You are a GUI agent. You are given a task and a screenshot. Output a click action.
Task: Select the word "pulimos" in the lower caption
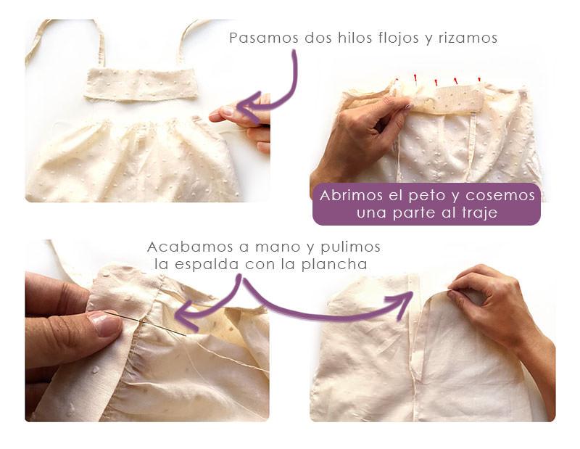(x=355, y=247)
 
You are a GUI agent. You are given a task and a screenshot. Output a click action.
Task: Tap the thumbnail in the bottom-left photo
(x=106, y=324)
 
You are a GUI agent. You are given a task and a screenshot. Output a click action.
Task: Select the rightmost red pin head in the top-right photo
(x=479, y=78)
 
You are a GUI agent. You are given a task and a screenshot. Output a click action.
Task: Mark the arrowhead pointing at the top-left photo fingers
(x=244, y=107)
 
